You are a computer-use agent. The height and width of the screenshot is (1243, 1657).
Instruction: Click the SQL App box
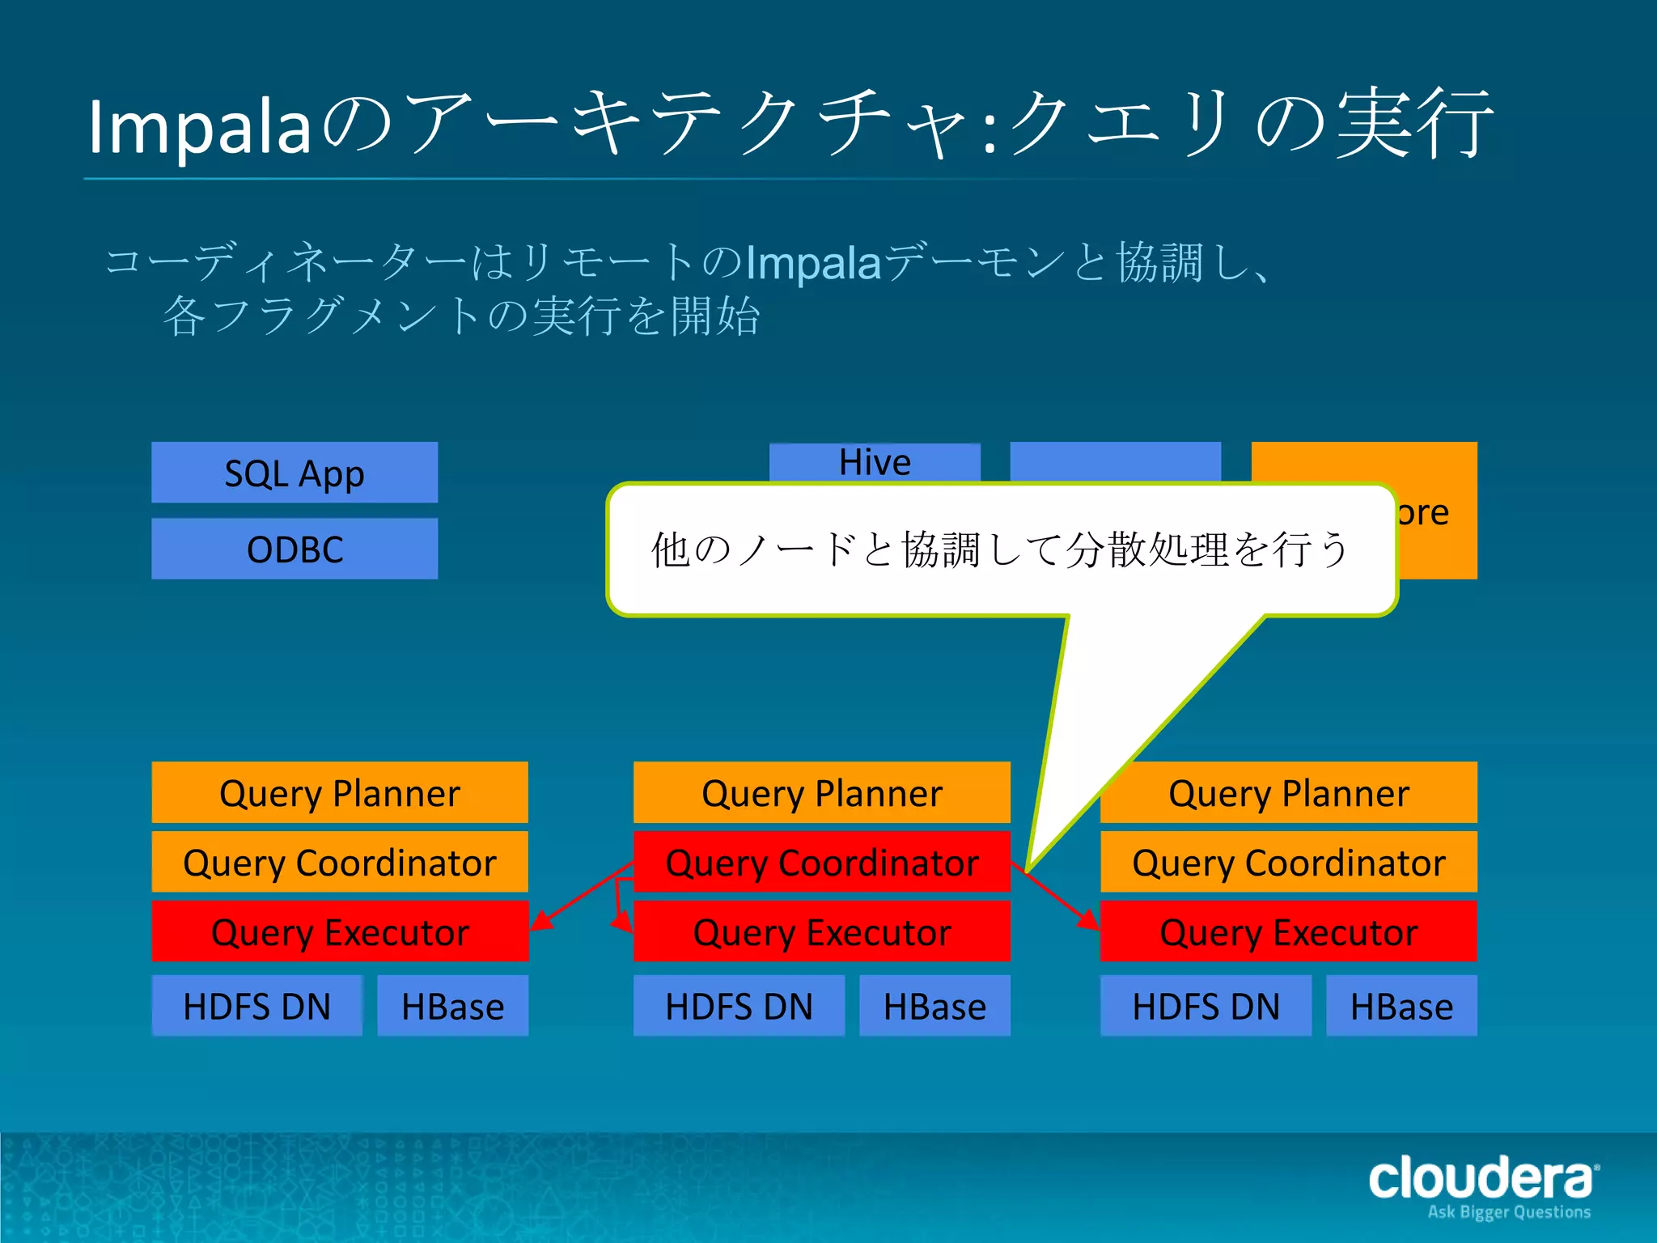pos(295,473)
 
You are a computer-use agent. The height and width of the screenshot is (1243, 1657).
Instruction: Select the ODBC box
pos(295,549)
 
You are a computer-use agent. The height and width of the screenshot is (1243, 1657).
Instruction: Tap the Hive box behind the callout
pos(875,462)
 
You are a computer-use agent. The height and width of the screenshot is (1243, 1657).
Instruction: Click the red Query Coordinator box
pos(821,862)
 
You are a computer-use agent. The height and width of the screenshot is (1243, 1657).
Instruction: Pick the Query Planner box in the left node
pos(340,792)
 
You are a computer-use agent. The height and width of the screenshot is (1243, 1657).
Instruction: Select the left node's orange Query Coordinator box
pos(340,862)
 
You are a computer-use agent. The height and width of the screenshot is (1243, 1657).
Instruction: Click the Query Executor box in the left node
pos(340,931)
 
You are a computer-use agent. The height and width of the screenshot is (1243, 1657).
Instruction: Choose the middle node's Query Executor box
pos(821,931)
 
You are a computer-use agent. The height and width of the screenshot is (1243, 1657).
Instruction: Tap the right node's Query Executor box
pos(1288,931)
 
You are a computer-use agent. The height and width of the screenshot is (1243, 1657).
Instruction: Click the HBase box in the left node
pos(452,1006)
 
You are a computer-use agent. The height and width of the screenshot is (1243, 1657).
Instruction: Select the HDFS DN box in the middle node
pos(739,1006)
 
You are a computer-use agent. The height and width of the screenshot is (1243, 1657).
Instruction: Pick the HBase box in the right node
pos(1401,1006)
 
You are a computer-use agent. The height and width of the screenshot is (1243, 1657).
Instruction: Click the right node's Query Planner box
pos(1288,792)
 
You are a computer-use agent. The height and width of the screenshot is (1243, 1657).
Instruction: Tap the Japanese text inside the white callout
pos(1000,549)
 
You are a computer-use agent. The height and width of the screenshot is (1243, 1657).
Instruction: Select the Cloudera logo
pos(1481,1177)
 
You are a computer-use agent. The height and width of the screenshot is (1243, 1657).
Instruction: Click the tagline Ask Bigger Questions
pos(1509,1212)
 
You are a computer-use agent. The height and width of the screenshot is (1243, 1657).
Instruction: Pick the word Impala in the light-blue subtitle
pos(812,262)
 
